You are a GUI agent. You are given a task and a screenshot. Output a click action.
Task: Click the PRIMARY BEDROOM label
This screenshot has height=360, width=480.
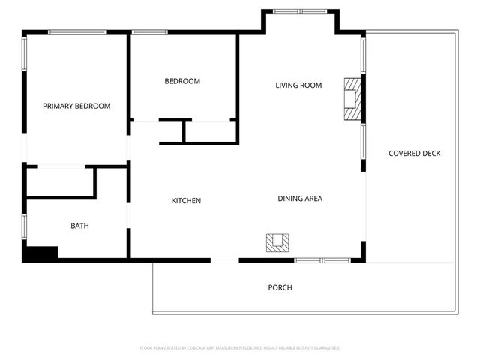(76, 106)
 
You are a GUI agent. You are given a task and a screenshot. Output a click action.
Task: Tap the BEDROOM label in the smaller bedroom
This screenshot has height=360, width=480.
(182, 81)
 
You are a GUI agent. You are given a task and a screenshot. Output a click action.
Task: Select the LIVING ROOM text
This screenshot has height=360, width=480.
(298, 85)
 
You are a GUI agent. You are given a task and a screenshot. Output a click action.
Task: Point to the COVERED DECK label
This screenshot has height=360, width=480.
(414, 154)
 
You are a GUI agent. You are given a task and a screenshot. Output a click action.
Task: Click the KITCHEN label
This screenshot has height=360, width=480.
(186, 200)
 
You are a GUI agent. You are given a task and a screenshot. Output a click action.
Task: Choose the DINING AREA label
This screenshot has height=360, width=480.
(300, 199)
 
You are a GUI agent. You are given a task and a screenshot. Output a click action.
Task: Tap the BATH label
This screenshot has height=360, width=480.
(79, 226)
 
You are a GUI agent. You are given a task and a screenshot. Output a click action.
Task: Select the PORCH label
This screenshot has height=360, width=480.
(280, 287)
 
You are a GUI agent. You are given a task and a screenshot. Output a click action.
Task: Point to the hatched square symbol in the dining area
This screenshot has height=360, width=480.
(277, 242)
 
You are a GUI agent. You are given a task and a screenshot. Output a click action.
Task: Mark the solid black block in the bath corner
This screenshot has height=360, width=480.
(40, 253)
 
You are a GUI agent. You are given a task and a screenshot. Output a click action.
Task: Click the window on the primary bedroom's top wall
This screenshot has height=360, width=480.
(76, 32)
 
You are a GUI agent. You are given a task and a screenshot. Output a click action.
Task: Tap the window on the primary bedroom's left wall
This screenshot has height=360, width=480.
(25, 54)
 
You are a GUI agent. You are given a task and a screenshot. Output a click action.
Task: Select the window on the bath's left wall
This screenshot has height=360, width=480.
(25, 226)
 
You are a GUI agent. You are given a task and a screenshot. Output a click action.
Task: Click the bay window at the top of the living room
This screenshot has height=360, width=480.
(299, 11)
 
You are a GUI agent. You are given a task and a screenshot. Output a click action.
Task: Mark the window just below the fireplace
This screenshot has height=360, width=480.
(364, 145)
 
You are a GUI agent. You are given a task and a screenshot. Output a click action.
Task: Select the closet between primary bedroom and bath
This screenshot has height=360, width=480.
(60, 182)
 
